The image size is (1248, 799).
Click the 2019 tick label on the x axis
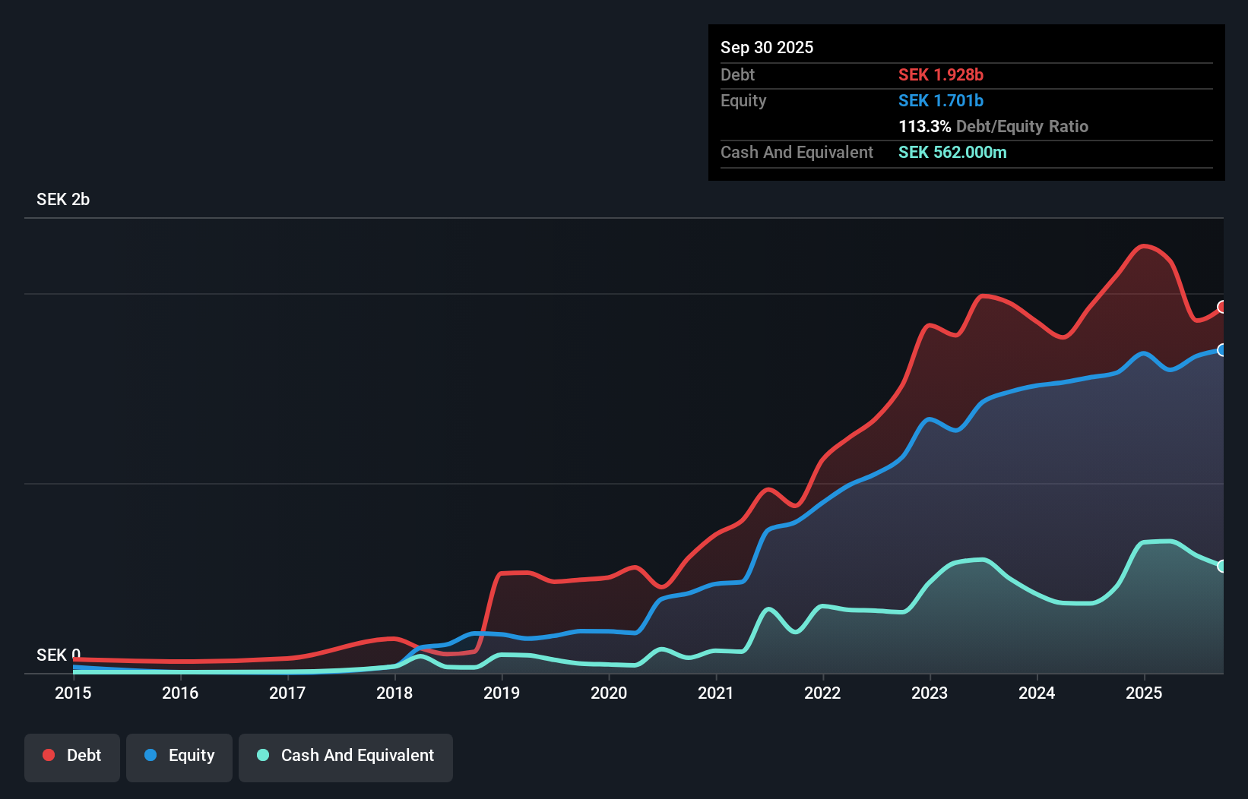point(502,693)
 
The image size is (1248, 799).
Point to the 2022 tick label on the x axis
point(822,693)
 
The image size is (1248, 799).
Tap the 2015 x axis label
point(73,693)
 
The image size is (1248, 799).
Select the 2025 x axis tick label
point(1144,693)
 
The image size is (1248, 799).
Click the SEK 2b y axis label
point(63,199)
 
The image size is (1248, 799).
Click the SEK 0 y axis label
point(58,655)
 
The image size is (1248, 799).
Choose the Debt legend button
point(72,756)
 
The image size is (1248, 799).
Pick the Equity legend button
point(179,756)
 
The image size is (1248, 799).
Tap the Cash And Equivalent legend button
point(346,756)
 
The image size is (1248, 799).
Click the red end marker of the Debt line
point(1222,307)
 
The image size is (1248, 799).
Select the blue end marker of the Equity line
point(1222,350)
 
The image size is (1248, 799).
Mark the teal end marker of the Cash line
point(1222,566)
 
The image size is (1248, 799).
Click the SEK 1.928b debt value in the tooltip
point(940,74)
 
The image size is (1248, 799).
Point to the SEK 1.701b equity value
point(940,100)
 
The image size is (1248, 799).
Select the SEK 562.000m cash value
point(952,152)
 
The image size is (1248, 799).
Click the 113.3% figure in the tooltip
point(924,126)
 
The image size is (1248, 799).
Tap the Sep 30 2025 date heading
point(767,47)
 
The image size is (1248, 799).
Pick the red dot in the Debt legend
point(49,755)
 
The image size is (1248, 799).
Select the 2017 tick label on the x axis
point(287,693)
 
